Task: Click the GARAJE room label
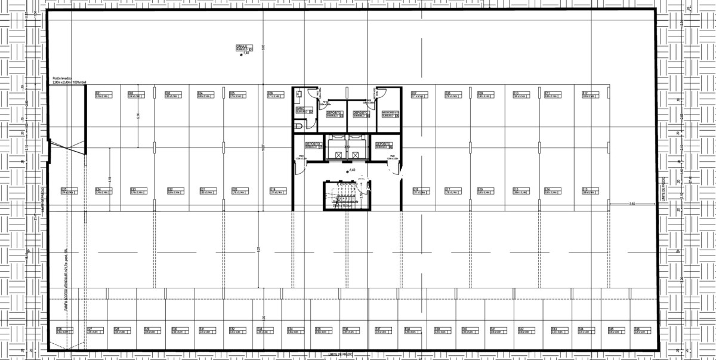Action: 242,46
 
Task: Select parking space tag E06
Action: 270,94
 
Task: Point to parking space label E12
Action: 586,94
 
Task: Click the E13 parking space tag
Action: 586,190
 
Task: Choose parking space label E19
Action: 272,190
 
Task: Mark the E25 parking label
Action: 64,190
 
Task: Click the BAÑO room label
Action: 301,109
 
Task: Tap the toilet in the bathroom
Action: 299,126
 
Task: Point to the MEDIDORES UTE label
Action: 389,112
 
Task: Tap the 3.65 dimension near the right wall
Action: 633,204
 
